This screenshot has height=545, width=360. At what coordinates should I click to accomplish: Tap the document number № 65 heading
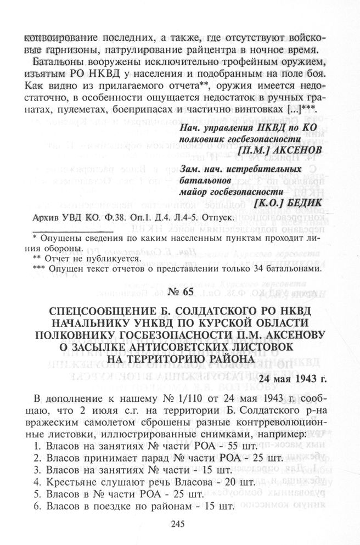tap(179, 291)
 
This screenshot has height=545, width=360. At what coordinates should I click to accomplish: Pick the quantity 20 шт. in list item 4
tap(238, 482)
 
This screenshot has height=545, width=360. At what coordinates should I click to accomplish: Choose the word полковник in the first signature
tap(203, 137)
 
